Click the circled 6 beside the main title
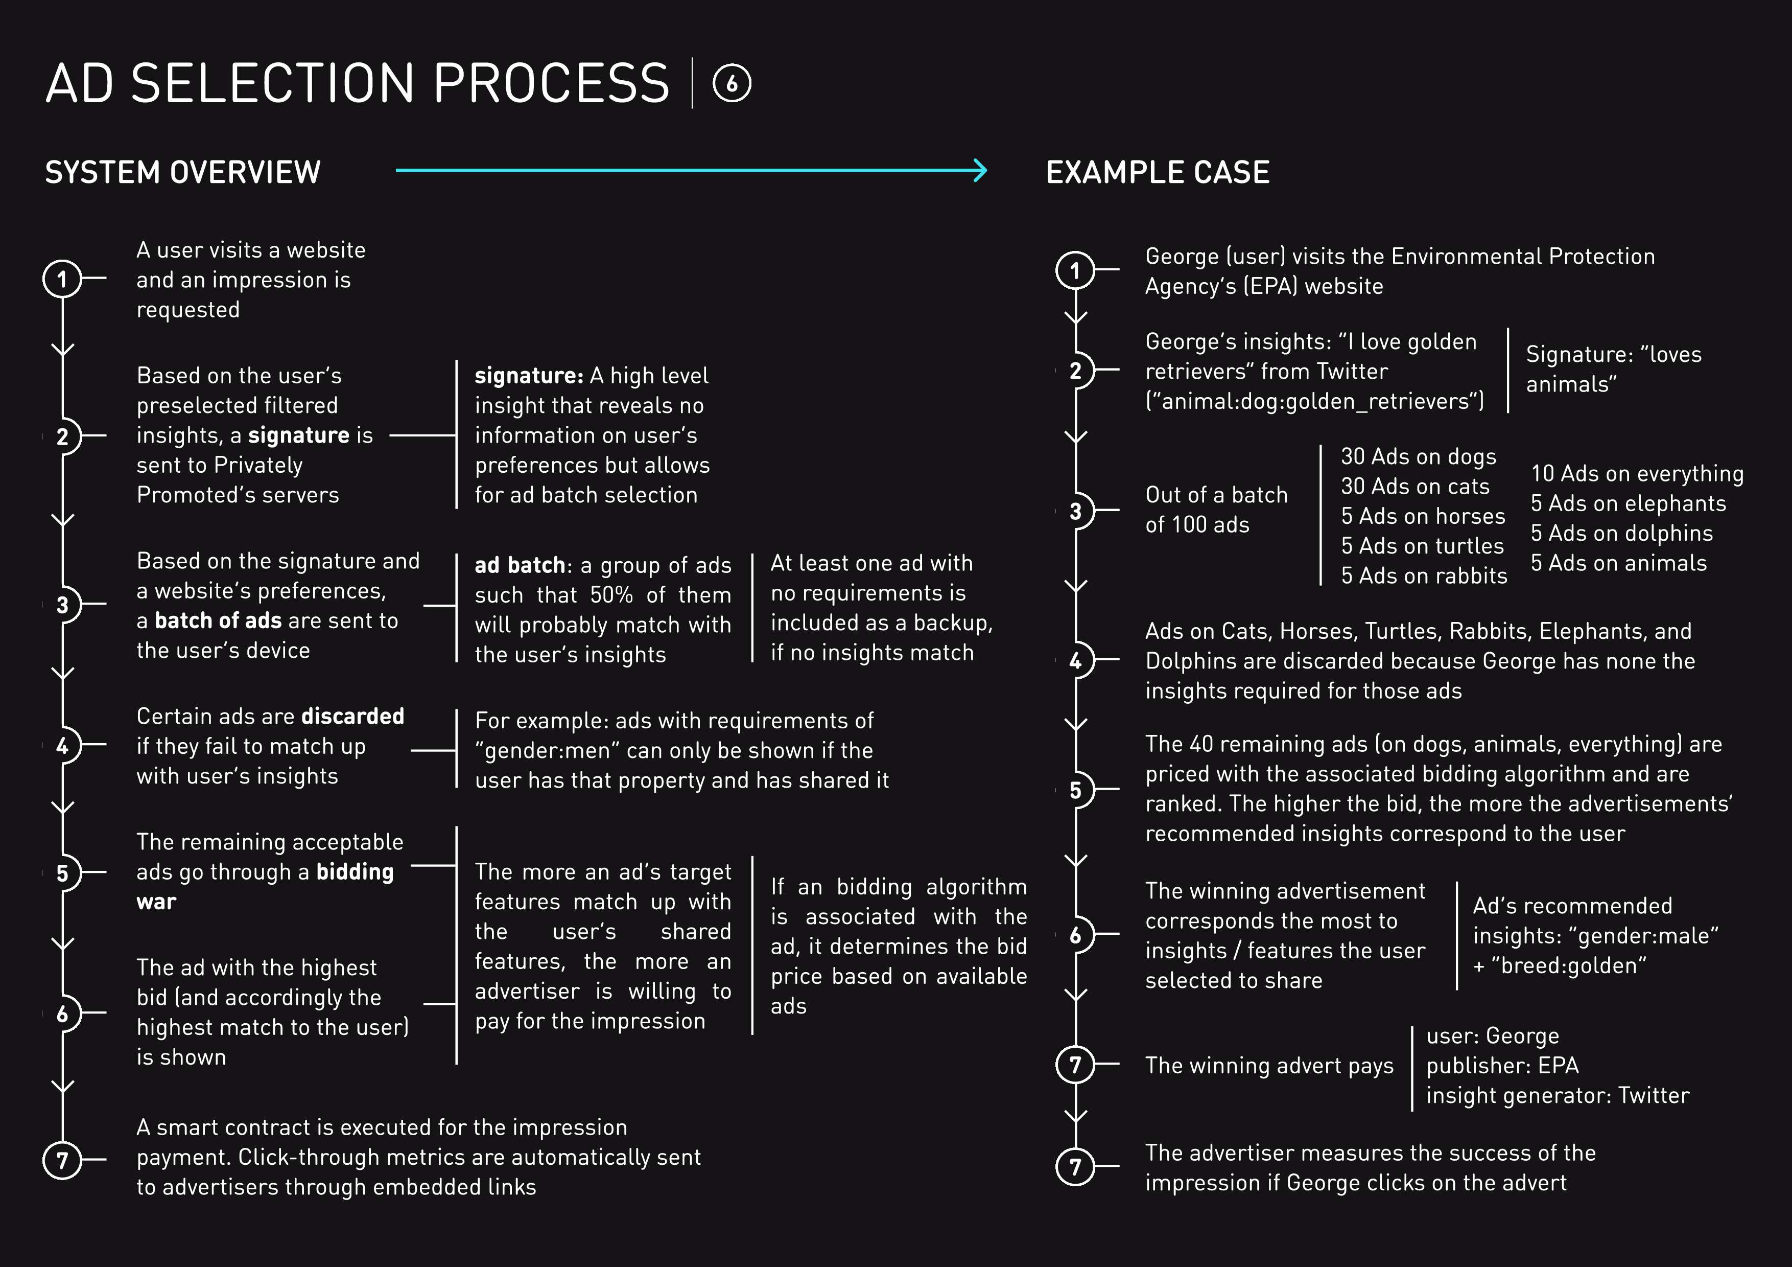tap(732, 83)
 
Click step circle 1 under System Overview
tap(62, 279)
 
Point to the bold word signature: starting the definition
tap(528, 376)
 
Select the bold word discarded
tap(353, 716)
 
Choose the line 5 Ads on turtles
tap(1422, 546)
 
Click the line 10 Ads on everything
tap(1637, 473)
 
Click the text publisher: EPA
tap(1502, 1066)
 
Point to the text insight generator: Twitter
tap(1557, 1095)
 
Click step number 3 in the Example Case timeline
tap(1075, 511)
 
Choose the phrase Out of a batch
tap(1216, 495)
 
